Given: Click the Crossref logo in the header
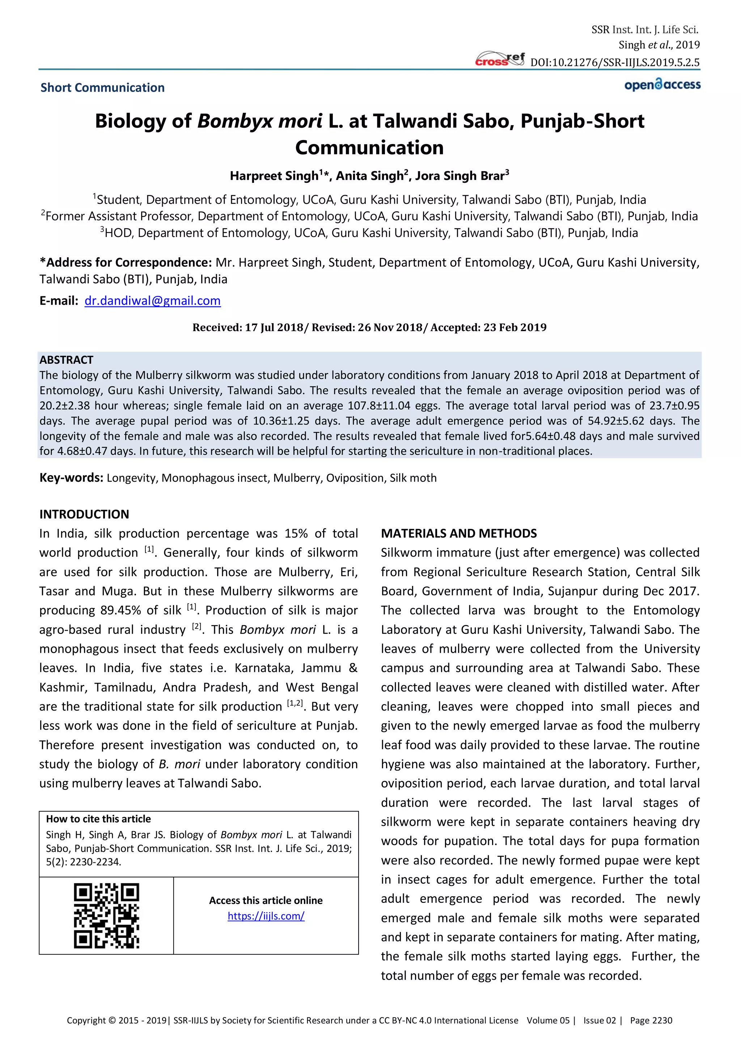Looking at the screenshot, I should pyautogui.click(x=500, y=59).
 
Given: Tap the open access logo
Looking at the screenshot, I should pyautogui.click(x=662, y=85).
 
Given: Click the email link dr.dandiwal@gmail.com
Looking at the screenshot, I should pyautogui.click(x=152, y=301).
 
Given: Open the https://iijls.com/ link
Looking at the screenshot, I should pyautogui.click(x=266, y=916).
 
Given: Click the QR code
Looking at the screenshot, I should pyautogui.click(x=106, y=916).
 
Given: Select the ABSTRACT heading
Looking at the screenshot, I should pyautogui.click(x=66, y=360).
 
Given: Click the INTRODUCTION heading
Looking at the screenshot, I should pyautogui.click(x=84, y=515).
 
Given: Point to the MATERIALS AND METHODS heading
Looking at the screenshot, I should pyautogui.click(x=458, y=533).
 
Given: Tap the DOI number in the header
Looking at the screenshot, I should pyautogui.click(x=615, y=63).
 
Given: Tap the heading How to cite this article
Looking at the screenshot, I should pyautogui.click(x=98, y=819).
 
